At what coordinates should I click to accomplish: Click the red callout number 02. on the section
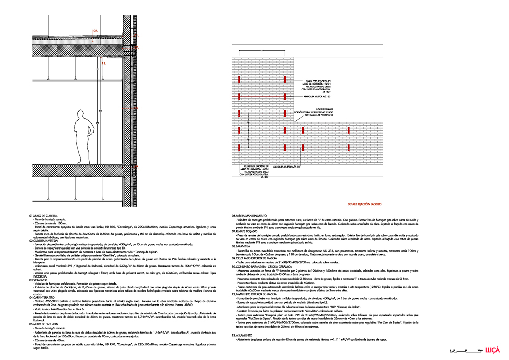(95, 31)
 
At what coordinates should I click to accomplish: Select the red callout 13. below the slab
(104, 64)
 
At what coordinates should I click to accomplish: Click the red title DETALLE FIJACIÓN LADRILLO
(364, 203)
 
